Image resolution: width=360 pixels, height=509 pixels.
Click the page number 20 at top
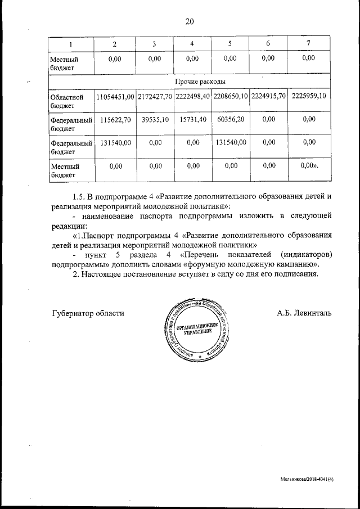tap(189, 21)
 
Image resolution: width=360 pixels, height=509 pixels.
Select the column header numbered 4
tap(192, 44)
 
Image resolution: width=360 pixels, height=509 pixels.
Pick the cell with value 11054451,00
tap(115, 97)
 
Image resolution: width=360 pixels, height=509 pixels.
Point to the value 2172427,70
tap(154, 97)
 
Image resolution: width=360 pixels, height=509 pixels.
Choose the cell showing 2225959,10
tap(308, 97)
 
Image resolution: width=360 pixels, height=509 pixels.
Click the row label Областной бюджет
tap(63, 101)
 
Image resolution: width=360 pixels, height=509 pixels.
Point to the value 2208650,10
tap(231, 97)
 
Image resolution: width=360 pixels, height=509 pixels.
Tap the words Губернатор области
tap(88, 313)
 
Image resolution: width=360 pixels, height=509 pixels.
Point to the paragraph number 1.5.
tap(81, 197)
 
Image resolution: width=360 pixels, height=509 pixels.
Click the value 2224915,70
tap(269, 97)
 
